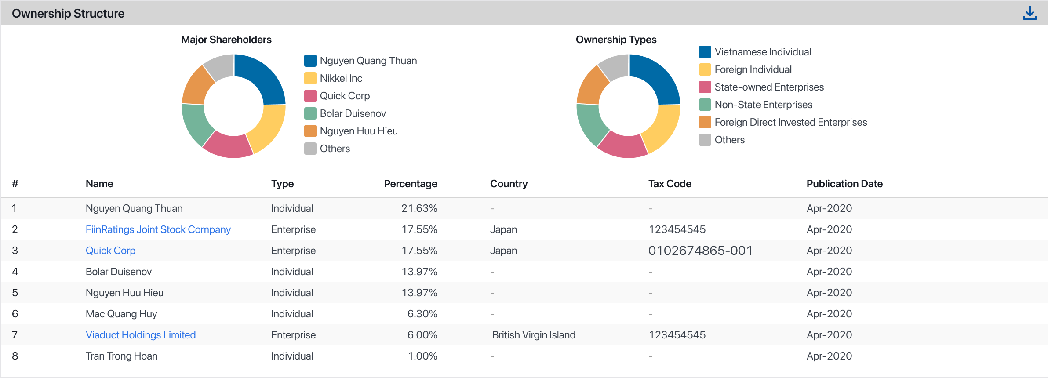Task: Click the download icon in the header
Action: coord(1030,13)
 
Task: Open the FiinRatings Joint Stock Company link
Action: coord(158,229)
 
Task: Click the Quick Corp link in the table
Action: coord(110,251)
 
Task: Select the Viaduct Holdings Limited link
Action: coord(141,335)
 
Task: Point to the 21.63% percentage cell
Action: coord(419,208)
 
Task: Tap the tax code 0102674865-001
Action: coord(700,251)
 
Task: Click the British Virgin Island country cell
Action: coord(534,335)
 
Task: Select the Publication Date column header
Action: coord(844,184)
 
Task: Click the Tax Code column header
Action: coord(670,184)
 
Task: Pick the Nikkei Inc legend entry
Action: coord(341,78)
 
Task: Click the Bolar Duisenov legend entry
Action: coord(353,113)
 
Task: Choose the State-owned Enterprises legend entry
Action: coord(769,87)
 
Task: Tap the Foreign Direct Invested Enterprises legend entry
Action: coord(790,122)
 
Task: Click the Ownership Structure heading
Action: coord(68,14)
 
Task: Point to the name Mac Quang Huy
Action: coord(121,314)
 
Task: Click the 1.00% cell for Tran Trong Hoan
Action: coord(422,356)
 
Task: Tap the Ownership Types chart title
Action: coord(616,40)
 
